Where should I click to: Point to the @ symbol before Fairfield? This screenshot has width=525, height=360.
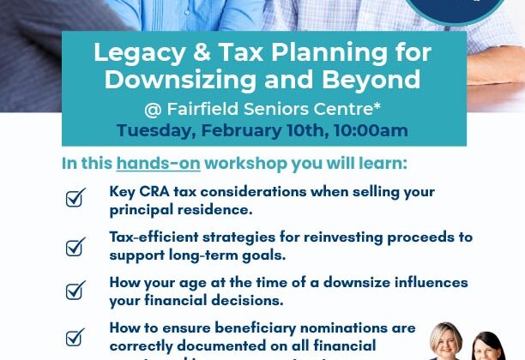click(x=153, y=109)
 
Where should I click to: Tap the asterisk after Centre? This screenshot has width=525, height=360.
click(x=377, y=106)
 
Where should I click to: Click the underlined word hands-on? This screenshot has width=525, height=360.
click(x=158, y=164)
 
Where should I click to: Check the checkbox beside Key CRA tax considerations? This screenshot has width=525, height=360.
click(x=75, y=199)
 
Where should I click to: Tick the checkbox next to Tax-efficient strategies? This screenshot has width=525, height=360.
click(x=75, y=247)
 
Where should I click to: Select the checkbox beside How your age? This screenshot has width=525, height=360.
click(x=75, y=291)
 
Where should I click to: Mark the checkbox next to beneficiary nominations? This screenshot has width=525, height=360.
click(x=75, y=336)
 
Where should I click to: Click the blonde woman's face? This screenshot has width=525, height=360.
click(x=447, y=340)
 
